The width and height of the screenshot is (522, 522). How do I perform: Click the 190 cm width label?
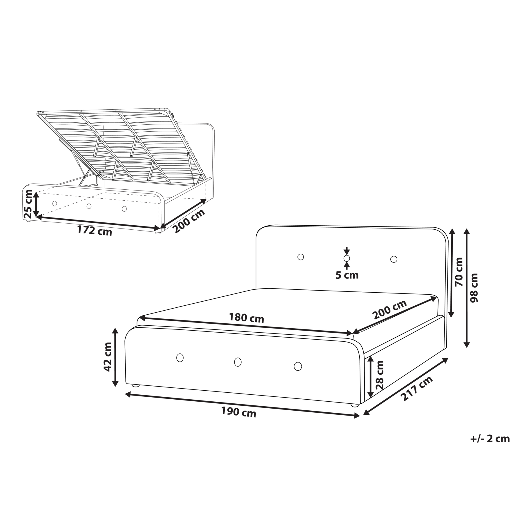(239, 412)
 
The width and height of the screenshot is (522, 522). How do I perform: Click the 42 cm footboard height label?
(108, 357)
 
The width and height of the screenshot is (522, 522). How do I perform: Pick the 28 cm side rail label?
(380, 375)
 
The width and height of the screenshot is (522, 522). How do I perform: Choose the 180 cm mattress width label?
(246, 318)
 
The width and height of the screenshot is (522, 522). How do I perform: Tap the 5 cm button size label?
(347, 275)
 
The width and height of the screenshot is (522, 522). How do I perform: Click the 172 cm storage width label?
(95, 231)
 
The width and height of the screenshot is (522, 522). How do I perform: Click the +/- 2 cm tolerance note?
(490, 438)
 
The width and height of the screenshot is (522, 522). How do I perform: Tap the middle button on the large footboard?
(238, 362)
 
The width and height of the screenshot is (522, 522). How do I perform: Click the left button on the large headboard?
(301, 257)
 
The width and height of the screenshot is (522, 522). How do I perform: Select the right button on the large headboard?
(394, 259)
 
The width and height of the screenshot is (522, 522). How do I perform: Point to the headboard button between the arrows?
(347, 258)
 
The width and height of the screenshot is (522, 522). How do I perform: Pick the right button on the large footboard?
(298, 366)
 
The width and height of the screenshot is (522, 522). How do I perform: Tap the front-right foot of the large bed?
(355, 405)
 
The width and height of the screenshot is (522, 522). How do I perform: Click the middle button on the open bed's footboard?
(89, 206)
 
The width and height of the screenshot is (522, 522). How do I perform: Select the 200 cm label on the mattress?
(390, 310)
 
